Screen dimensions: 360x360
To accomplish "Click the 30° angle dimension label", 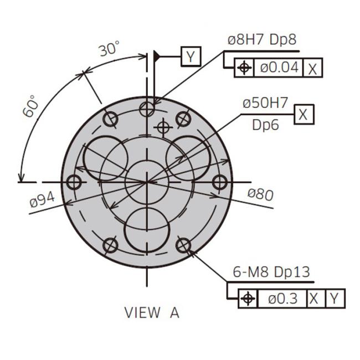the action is coord(110,49).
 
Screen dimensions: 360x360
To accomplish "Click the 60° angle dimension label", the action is coord(31,106).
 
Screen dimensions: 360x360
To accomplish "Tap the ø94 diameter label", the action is coord(42,200).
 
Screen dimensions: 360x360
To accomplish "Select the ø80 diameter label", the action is coord(261,195).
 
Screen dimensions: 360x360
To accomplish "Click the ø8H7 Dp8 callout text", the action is coord(262,40).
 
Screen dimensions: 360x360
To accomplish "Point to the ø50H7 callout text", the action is coord(265,102).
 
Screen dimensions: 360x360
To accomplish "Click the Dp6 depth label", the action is coord(265,125).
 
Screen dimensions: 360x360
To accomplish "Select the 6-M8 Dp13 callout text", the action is coord(271,272).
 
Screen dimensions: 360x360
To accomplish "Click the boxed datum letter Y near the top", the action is coord(191,56).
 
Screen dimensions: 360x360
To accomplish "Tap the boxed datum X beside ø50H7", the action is coord(304,114).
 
